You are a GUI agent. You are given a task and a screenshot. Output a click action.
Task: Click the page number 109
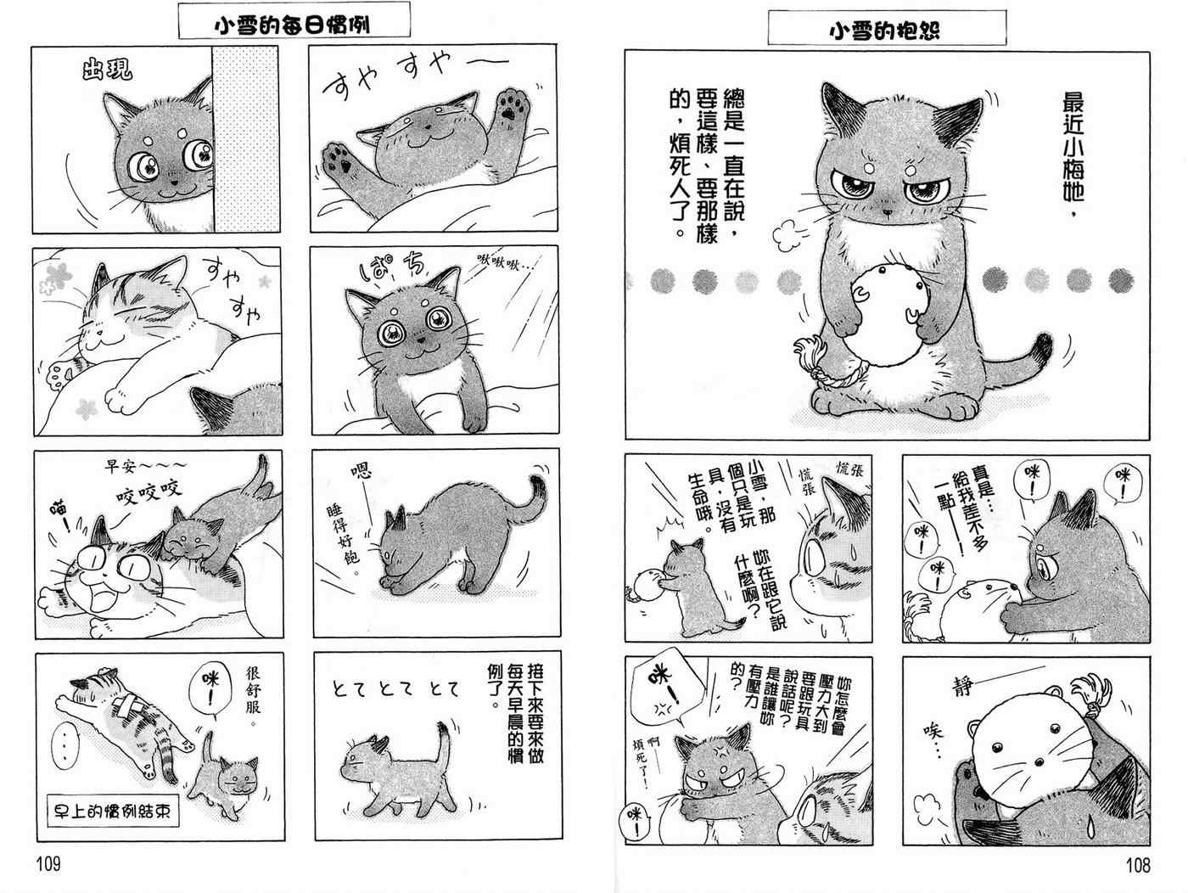[x=48, y=864]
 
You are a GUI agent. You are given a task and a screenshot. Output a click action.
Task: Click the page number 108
[x=1138, y=865]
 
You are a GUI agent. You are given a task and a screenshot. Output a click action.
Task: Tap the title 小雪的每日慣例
[x=292, y=25]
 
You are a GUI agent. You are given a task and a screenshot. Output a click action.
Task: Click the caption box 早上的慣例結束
[x=113, y=811]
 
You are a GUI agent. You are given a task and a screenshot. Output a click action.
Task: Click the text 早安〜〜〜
[x=146, y=465]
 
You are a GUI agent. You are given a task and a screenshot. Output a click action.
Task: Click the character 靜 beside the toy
[x=962, y=686]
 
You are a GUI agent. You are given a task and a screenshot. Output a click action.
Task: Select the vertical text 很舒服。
[x=253, y=698]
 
